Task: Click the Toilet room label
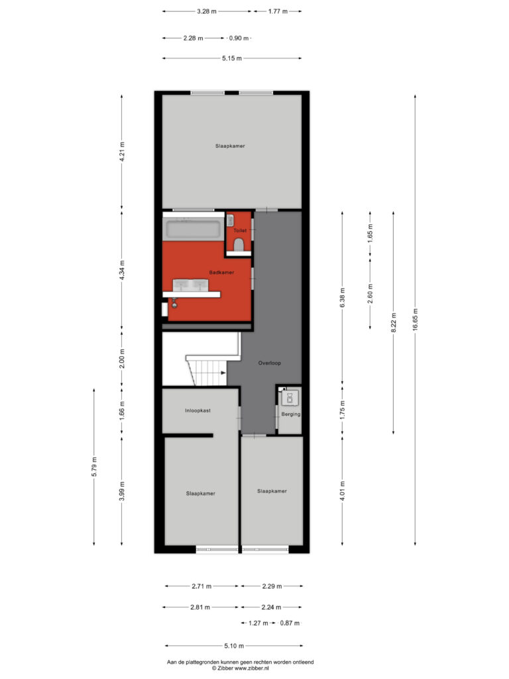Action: coord(240,230)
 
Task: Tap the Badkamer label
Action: coord(221,273)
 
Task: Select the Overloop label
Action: coord(270,363)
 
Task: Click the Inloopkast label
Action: coord(198,410)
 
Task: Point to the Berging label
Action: coord(291,414)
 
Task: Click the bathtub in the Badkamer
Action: coord(193,229)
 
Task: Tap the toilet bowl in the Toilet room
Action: coord(239,245)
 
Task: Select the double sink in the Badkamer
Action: coord(190,286)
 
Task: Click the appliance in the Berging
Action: coord(290,398)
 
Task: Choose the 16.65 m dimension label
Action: coord(415,320)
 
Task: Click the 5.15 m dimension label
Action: coord(232,58)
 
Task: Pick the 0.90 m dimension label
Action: coord(239,38)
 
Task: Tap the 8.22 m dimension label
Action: coord(394,323)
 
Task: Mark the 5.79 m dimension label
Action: coord(94,467)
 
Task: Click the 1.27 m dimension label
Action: coord(258,623)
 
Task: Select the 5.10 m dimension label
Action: coord(234,646)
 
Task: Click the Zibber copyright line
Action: coord(240,668)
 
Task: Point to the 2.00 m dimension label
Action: coord(122,359)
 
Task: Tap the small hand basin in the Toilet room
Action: coord(230,221)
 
